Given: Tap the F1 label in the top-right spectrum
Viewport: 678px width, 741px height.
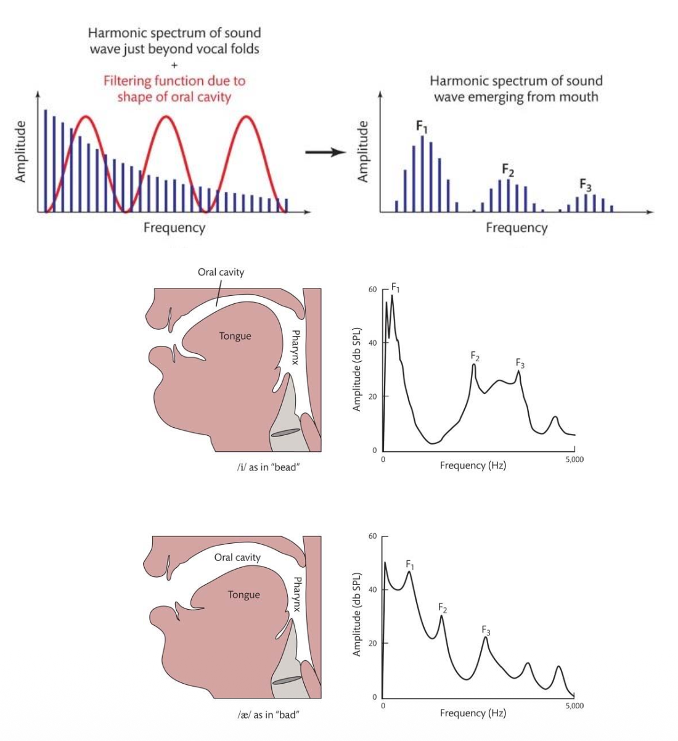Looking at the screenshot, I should tap(422, 126).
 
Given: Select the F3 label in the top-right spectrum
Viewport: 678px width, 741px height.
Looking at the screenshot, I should tap(585, 184).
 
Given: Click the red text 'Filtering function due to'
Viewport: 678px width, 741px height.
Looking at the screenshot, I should tap(174, 81).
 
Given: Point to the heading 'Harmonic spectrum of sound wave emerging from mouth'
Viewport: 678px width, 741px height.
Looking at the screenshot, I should tap(516, 89).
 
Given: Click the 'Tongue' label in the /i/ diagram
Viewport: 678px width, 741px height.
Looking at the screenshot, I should tap(235, 336).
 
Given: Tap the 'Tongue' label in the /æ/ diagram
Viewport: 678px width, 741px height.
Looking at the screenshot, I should tap(243, 595).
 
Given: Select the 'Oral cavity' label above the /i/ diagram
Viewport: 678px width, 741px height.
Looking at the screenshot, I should tap(221, 272).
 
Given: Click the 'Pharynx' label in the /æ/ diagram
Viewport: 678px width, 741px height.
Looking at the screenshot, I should tap(297, 594).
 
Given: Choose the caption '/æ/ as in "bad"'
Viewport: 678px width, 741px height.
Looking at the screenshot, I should tap(268, 715).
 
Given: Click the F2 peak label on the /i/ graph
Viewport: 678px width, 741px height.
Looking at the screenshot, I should tap(475, 356).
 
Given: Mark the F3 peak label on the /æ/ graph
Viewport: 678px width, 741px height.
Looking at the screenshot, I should tap(486, 631).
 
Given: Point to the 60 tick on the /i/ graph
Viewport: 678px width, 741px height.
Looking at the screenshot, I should tap(372, 289).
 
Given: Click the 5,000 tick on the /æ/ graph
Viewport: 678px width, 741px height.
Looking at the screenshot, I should tap(573, 706).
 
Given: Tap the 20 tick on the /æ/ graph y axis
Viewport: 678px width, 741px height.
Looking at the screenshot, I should tap(372, 643).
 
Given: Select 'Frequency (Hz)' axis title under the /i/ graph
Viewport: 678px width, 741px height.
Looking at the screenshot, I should tap(473, 465).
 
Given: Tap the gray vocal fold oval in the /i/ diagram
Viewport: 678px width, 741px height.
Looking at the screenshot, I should tap(285, 433).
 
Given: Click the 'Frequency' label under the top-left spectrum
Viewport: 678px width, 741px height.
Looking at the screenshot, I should tap(174, 227).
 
